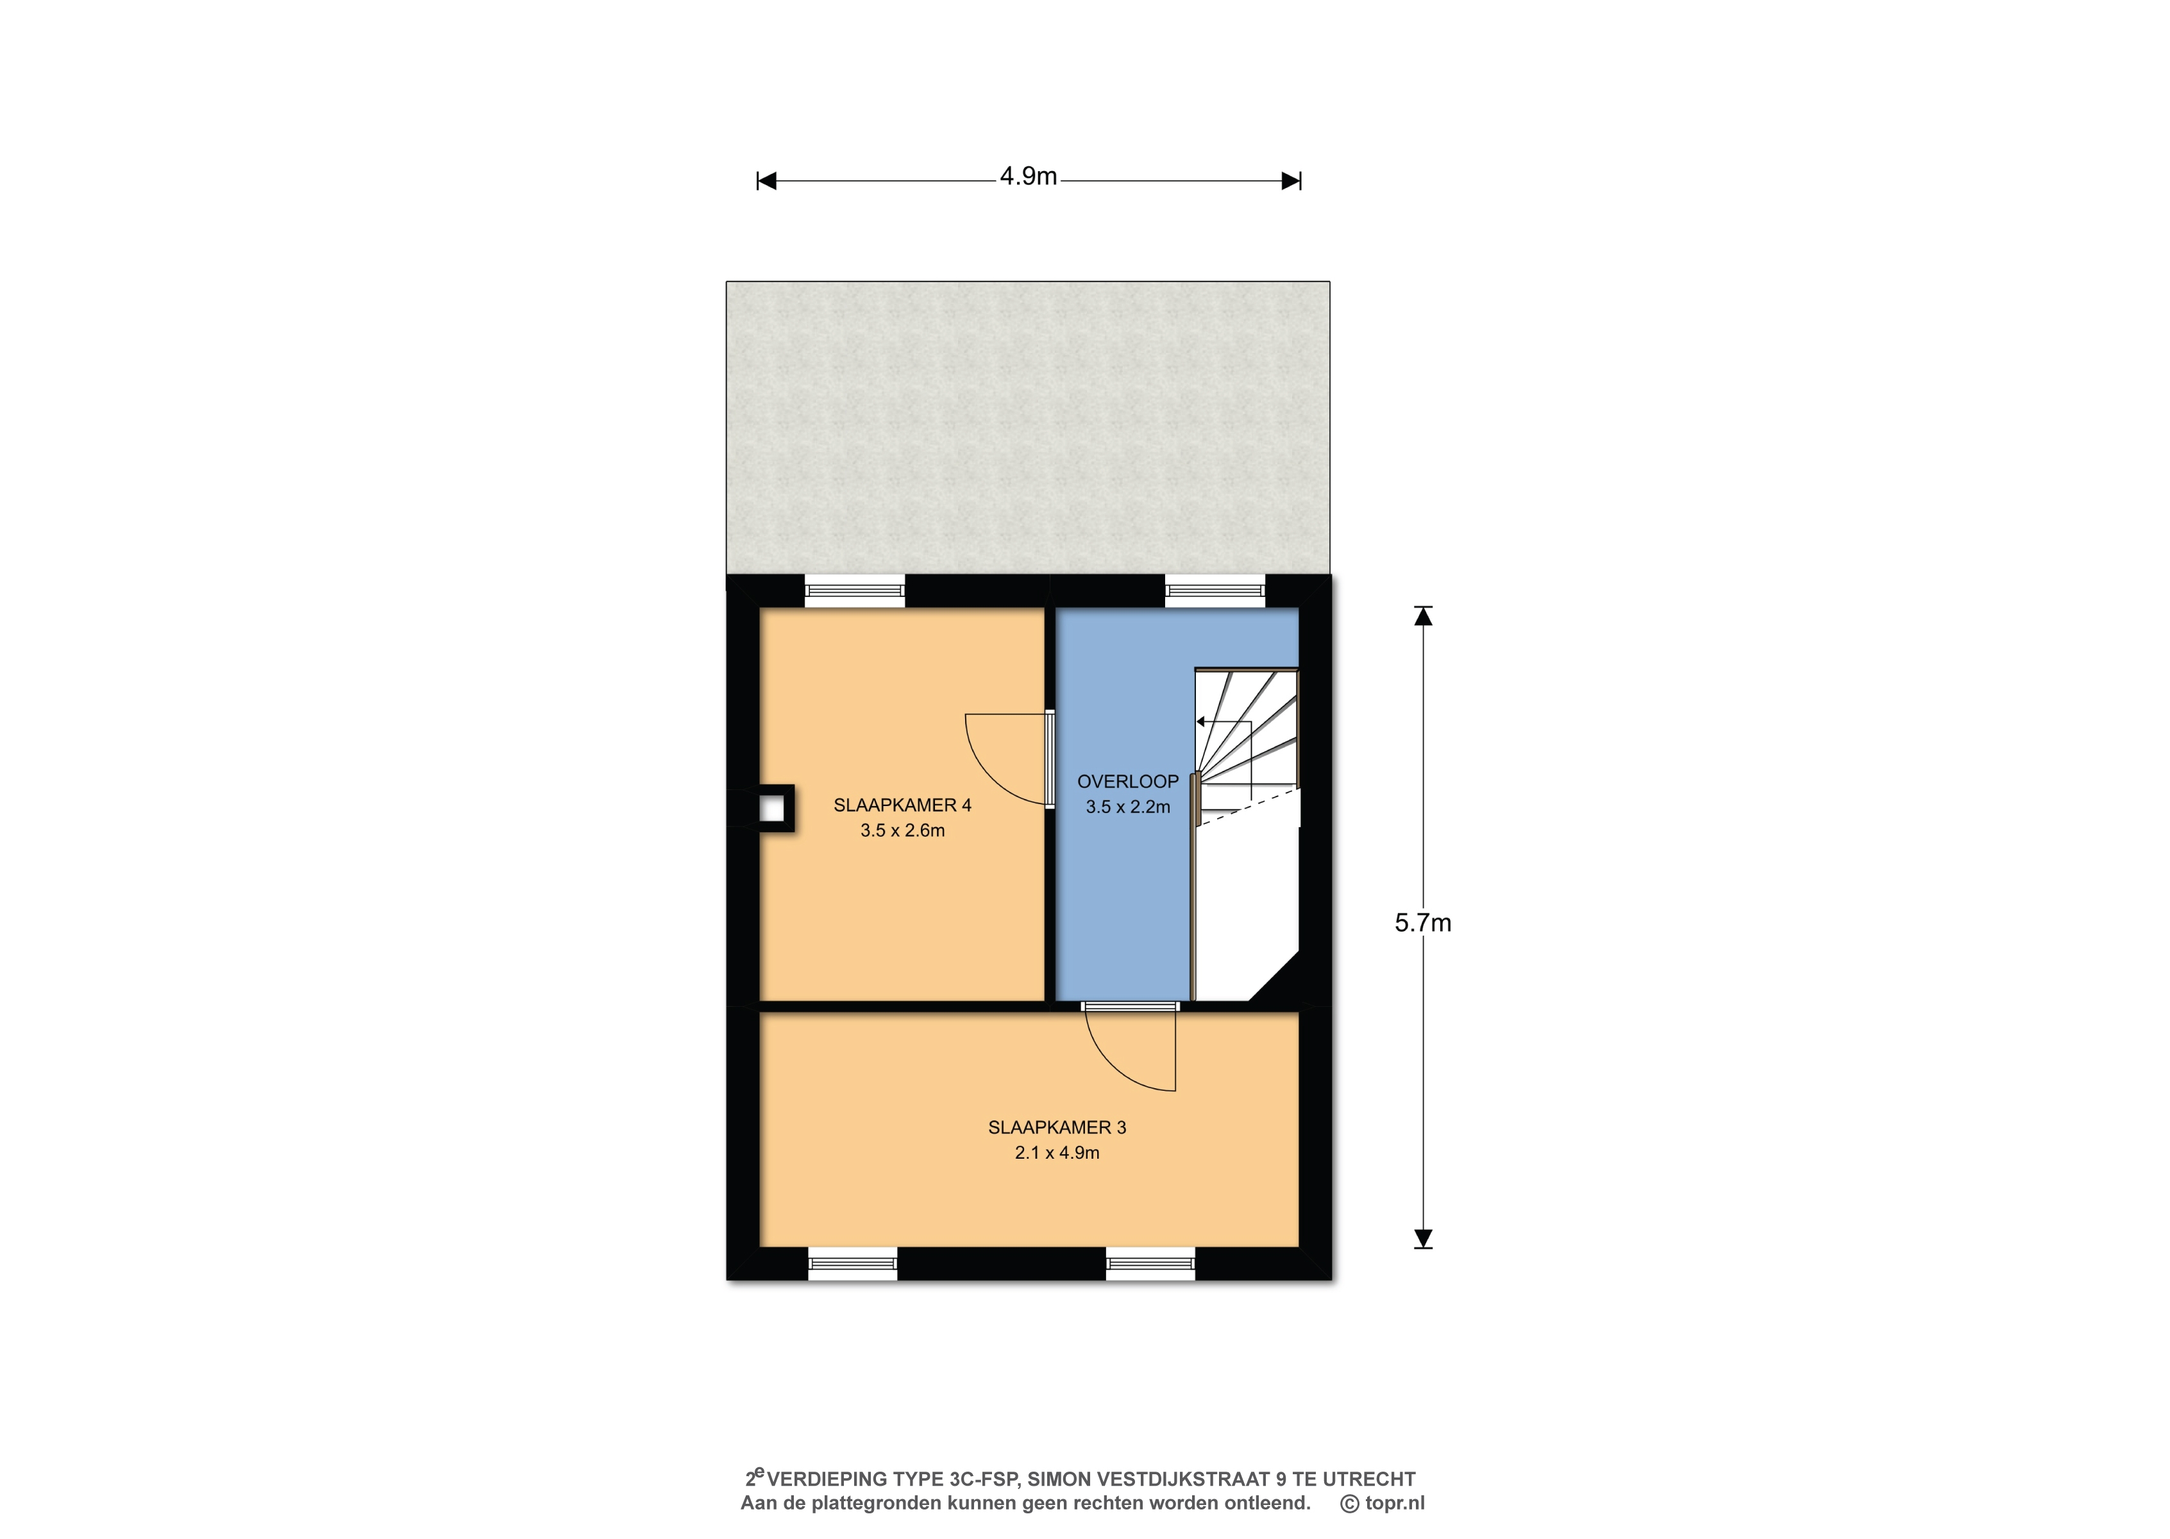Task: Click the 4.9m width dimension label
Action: (x=1028, y=176)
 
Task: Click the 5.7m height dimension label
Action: (x=1422, y=923)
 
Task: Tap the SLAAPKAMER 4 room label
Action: (x=902, y=805)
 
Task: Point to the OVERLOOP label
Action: (x=1127, y=782)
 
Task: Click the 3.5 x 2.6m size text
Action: (x=902, y=830)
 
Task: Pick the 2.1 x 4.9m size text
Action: (x=1057, y=1152)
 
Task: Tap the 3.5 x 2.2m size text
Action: (x=1127, y=807)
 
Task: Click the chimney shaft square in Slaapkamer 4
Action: (x=772, y=809)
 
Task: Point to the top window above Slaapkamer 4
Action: (x=855, y=591)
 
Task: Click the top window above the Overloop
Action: (x=1215, y=591)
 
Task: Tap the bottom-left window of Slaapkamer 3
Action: (x=853, y=1263)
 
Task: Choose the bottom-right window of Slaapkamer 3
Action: (x=1150, y=1263)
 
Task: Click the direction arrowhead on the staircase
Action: (x=1200, y=722)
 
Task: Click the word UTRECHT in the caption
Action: (x=1368, y=1479)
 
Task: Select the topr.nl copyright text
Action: (x=1383, y=1503)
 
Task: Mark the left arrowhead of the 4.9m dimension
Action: (x=766, y=181)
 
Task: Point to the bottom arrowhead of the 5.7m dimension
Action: (x=1422, y=1239)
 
